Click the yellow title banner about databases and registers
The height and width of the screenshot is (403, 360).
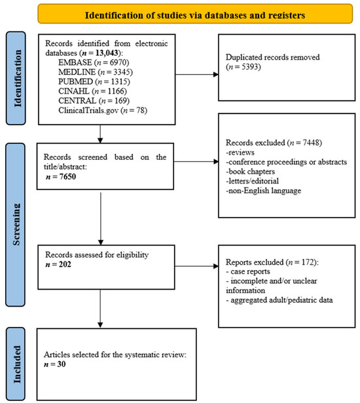click(195, 14)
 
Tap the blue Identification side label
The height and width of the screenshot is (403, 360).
click(16, 78)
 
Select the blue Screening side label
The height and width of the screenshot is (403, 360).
click(16, 225)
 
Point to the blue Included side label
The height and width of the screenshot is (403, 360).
click(16, 364)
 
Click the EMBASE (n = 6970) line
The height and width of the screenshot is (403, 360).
click(94, 62)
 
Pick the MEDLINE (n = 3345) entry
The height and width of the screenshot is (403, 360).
click(96, 72)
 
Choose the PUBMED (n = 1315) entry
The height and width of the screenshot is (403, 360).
click(94, 81)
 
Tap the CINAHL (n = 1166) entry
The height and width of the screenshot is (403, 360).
click(92, 91)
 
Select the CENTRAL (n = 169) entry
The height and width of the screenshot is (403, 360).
click(94, 100)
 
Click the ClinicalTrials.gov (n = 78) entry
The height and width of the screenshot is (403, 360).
click(103, 110)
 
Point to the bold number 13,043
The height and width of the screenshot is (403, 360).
click(107, 53)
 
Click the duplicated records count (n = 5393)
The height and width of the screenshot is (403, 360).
click(243, 67)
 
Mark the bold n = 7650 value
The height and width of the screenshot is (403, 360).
click(61, 177)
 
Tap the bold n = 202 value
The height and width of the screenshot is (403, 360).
click(58, 264)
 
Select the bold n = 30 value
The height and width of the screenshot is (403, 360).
click(55, 364)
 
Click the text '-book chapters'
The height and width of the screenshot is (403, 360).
click(250, 172)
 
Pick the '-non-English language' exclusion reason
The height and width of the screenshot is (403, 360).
click(263, 191)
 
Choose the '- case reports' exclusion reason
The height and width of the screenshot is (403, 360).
click(248, 271)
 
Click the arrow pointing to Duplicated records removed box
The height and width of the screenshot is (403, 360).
click(197, 75)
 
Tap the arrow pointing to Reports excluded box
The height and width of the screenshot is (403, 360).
click(196, 266)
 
